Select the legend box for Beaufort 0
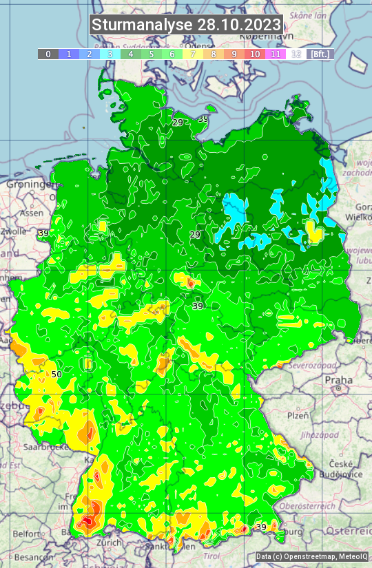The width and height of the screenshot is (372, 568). point(48,54)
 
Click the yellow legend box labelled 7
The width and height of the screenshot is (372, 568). point(193,54)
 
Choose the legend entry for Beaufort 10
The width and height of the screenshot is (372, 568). point(255,54)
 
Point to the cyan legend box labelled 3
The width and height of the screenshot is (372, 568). point(110,54)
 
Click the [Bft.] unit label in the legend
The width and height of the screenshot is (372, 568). point(320,54)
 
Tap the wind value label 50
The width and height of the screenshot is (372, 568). point(56,374)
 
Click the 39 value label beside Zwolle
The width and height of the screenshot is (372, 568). point(43,233)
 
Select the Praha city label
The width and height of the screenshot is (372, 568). point(338,380)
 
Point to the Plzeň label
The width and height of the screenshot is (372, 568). point(298,416)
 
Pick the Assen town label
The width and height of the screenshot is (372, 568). point(30,213)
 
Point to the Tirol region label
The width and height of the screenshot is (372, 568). point(211,555)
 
